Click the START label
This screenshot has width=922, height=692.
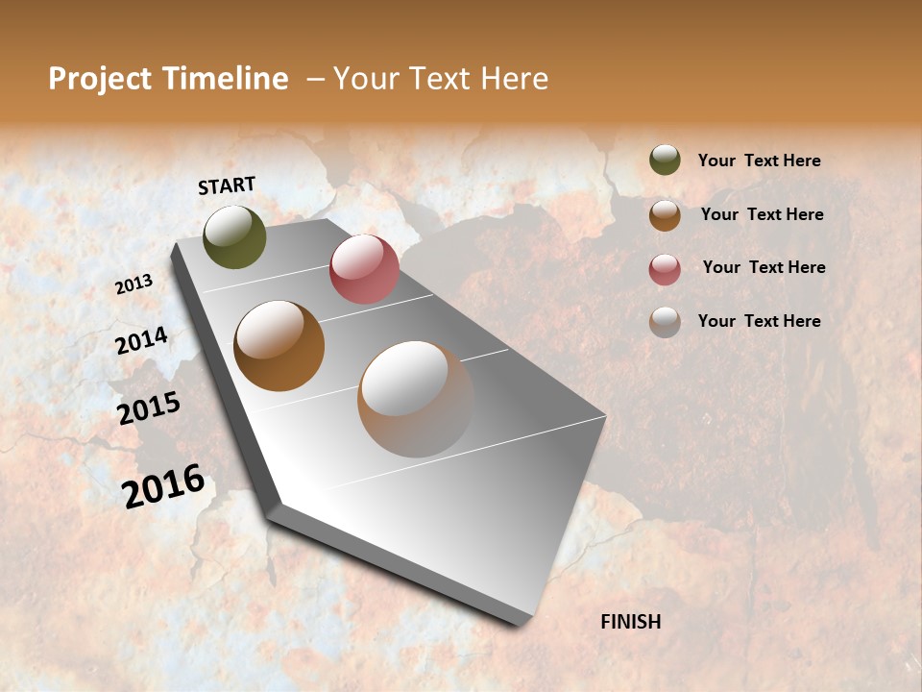click(x=227, y=185)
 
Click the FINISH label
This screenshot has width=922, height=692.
click(x=630, y=622)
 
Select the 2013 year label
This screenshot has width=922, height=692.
click(x=133, y=284)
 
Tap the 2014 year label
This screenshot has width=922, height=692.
click(x=141, y=341)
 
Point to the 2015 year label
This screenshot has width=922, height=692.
click(x=148, y=408)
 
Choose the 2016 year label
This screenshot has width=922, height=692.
click(x=163, y=486)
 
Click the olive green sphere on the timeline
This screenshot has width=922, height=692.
click(x=234, y=236)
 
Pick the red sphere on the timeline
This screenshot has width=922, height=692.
click(x=364, y=269)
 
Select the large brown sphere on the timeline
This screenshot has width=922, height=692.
click(x=279, y=346)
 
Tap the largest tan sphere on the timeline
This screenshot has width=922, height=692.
click(x=415, y=399)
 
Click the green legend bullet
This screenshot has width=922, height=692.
click(x=665, y=161)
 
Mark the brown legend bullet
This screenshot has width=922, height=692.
click(x=665, y=215)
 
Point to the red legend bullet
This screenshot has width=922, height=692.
click(x=665, y=269)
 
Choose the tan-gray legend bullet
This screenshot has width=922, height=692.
click(x=665, y=322)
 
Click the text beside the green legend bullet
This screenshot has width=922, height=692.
click(x=759, y=161)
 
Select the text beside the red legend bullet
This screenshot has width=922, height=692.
click(x=764, y=267)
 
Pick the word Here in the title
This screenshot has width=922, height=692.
click(x=514, y=79)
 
